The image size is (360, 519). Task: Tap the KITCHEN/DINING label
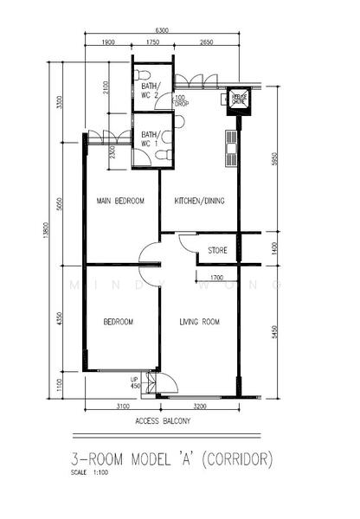200,201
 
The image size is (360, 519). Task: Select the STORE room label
216,252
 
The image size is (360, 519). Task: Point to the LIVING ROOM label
200,323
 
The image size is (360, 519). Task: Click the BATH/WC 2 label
151,90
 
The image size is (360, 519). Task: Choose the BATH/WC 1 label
151,138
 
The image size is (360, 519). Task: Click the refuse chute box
238,100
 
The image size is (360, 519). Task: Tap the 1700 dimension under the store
217,278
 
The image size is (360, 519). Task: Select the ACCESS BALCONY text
162,421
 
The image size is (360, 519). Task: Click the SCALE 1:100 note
93,472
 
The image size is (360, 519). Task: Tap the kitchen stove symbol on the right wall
231,149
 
